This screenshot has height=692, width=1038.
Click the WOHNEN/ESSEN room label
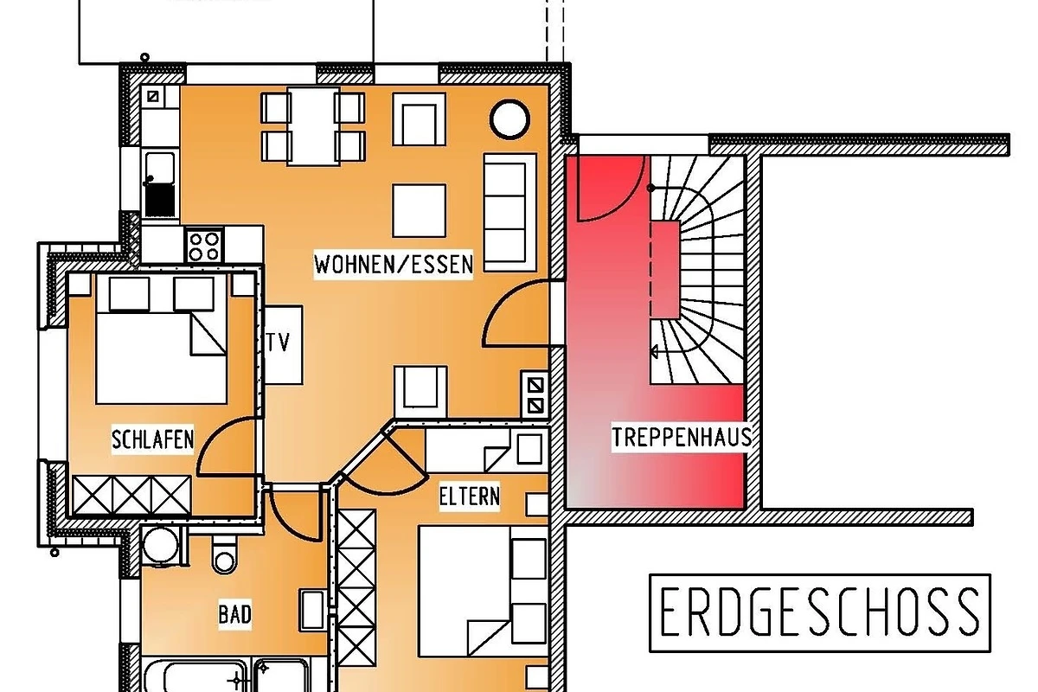pos(394,265)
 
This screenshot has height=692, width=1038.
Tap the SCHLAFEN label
pos(152,439)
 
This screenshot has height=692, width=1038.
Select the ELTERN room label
pos(470,497)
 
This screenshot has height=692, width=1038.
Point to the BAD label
pos(235,615)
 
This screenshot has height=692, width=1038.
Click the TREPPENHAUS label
pos(682,437)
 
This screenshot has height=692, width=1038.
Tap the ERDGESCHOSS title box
pos(820,612)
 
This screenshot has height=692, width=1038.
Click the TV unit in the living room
pos(283,344)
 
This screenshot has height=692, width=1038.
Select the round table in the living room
pos(509,119)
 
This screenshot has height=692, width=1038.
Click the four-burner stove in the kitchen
pos(204,246)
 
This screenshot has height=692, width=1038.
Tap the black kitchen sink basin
pos(160,199)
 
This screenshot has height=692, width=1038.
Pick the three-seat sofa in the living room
pos(509,212)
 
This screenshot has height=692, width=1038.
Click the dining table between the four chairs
pos(313,126)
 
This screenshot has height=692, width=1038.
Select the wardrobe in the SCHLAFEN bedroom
pos(131,495)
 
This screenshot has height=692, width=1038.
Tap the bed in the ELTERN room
pos(484,591)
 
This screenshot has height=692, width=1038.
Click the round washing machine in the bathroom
pos(161,545)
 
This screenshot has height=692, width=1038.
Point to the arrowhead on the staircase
pos(654,351)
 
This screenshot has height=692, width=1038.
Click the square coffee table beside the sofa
pos(419,210)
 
